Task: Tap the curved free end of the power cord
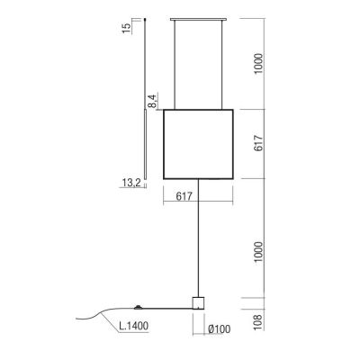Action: (x=85, y=315)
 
